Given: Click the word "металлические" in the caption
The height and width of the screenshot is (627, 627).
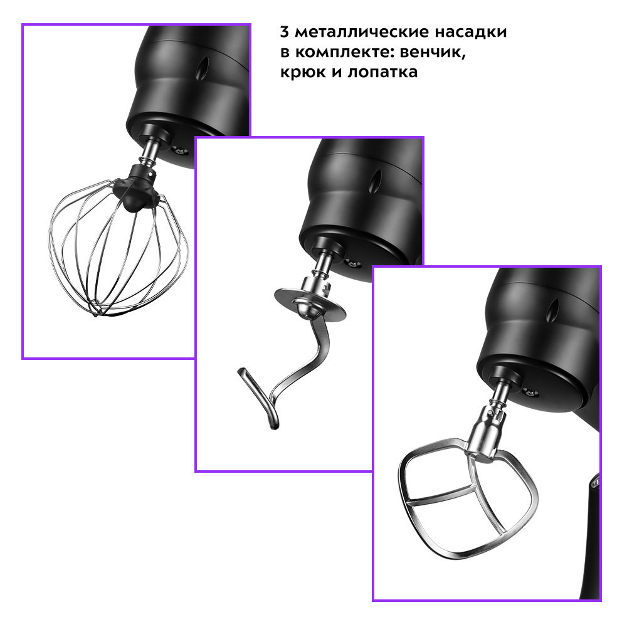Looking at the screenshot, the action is (362, 31).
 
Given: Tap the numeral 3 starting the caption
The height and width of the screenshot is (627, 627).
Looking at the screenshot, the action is (284, 31).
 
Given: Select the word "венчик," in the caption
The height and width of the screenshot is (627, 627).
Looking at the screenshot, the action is (433, 53).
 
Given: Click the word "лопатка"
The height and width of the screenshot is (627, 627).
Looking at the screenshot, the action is (382, 72).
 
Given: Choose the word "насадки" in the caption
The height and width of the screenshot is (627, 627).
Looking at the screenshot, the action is (471, 31).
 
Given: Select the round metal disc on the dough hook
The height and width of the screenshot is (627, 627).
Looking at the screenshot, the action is (310, 304).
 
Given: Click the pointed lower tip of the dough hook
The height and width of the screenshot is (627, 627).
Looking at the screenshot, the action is (275, 427).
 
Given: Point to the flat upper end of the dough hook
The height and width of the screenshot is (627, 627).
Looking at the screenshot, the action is (242, 371).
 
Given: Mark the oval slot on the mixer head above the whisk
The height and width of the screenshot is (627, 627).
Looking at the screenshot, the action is (203, 68).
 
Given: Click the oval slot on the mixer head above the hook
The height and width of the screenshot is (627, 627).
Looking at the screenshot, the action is (375, 182).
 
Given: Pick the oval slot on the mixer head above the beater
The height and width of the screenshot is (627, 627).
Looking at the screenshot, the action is (553, 310).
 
